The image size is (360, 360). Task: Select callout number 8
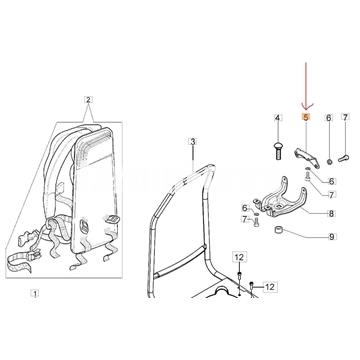click(333, 214)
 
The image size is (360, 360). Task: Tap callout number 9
click(333, 237)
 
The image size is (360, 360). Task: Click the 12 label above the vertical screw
click(239, 258)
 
